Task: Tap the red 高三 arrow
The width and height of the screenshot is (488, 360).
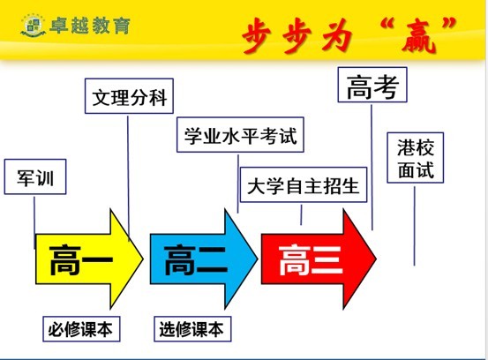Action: (x=319, y=259)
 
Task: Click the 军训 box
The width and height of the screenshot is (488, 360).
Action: (x=35, y=176)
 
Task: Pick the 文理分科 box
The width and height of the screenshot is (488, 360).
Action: (x=129, y=96)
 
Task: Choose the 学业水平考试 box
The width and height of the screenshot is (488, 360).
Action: (x=240, y=135)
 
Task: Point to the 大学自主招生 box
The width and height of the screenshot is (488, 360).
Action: (x=304, y=184)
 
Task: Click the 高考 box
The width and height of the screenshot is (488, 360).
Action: (x=372, y=85)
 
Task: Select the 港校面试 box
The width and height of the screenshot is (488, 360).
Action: (x=416, y=158)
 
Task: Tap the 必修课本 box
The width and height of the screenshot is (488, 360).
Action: (x=81, y=329)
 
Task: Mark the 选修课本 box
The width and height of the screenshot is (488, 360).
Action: (x=192, y=329)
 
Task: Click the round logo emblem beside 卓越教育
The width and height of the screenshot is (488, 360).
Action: (x=33, y=25)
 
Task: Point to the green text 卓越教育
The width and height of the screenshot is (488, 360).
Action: (x=90, y=26)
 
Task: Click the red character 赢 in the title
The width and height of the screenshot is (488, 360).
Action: (x=418, y=37)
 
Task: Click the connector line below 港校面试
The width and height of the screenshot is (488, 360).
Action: (x=414, y=226)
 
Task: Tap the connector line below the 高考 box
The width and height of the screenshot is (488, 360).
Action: (x=372, y=168)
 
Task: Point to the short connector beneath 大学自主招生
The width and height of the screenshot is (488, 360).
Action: (x=301, y=214)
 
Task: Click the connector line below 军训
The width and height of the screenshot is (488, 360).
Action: (x=34, y=222)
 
